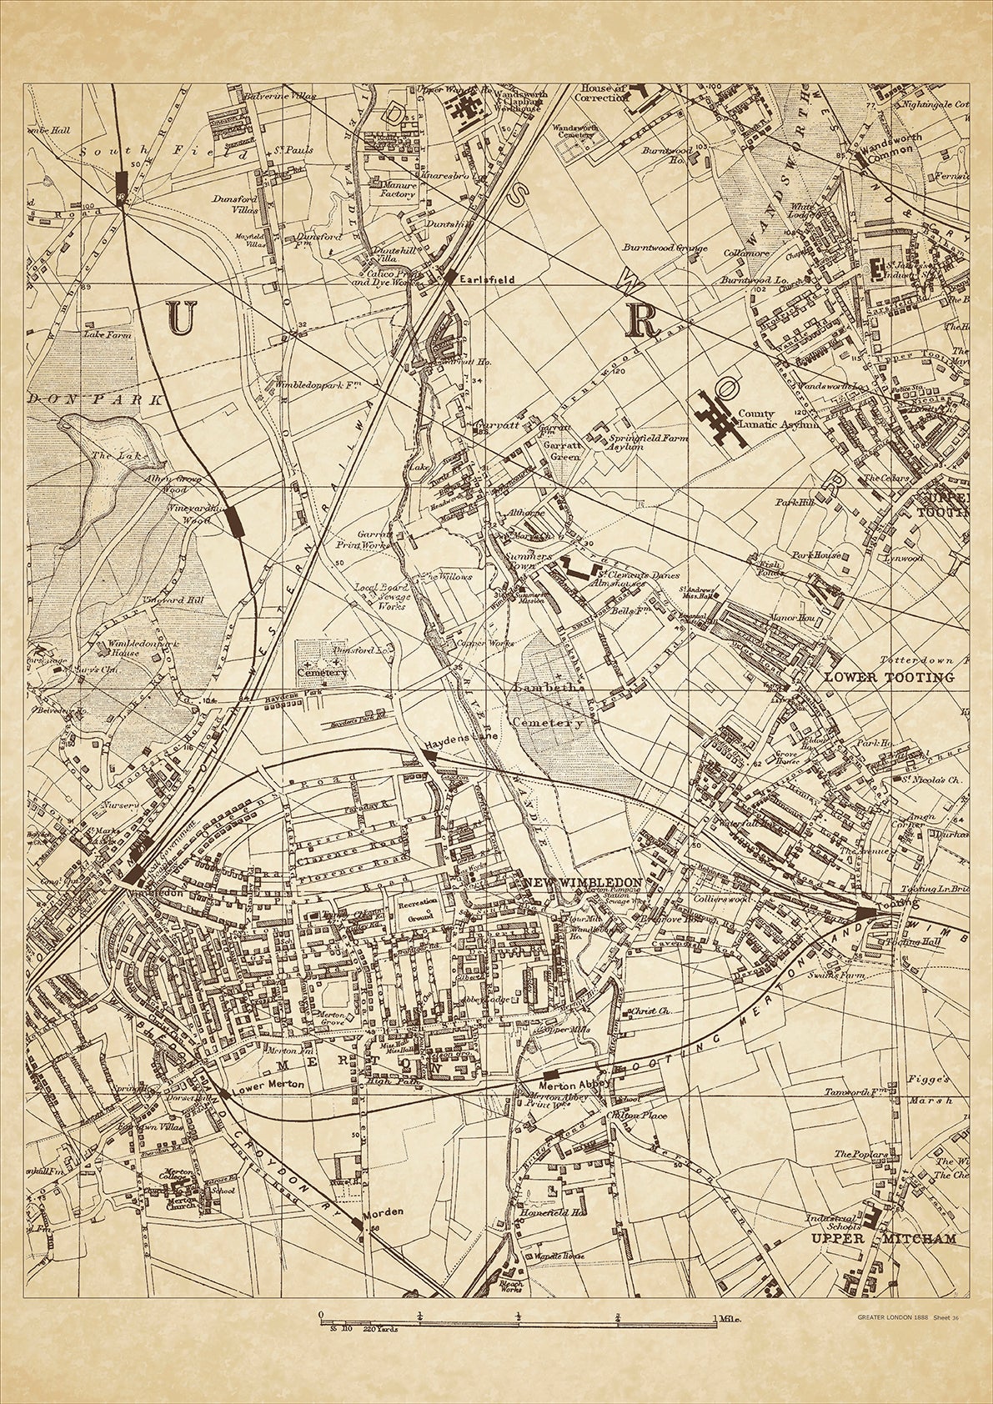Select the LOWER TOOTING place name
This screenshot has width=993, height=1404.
point(889,677)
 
